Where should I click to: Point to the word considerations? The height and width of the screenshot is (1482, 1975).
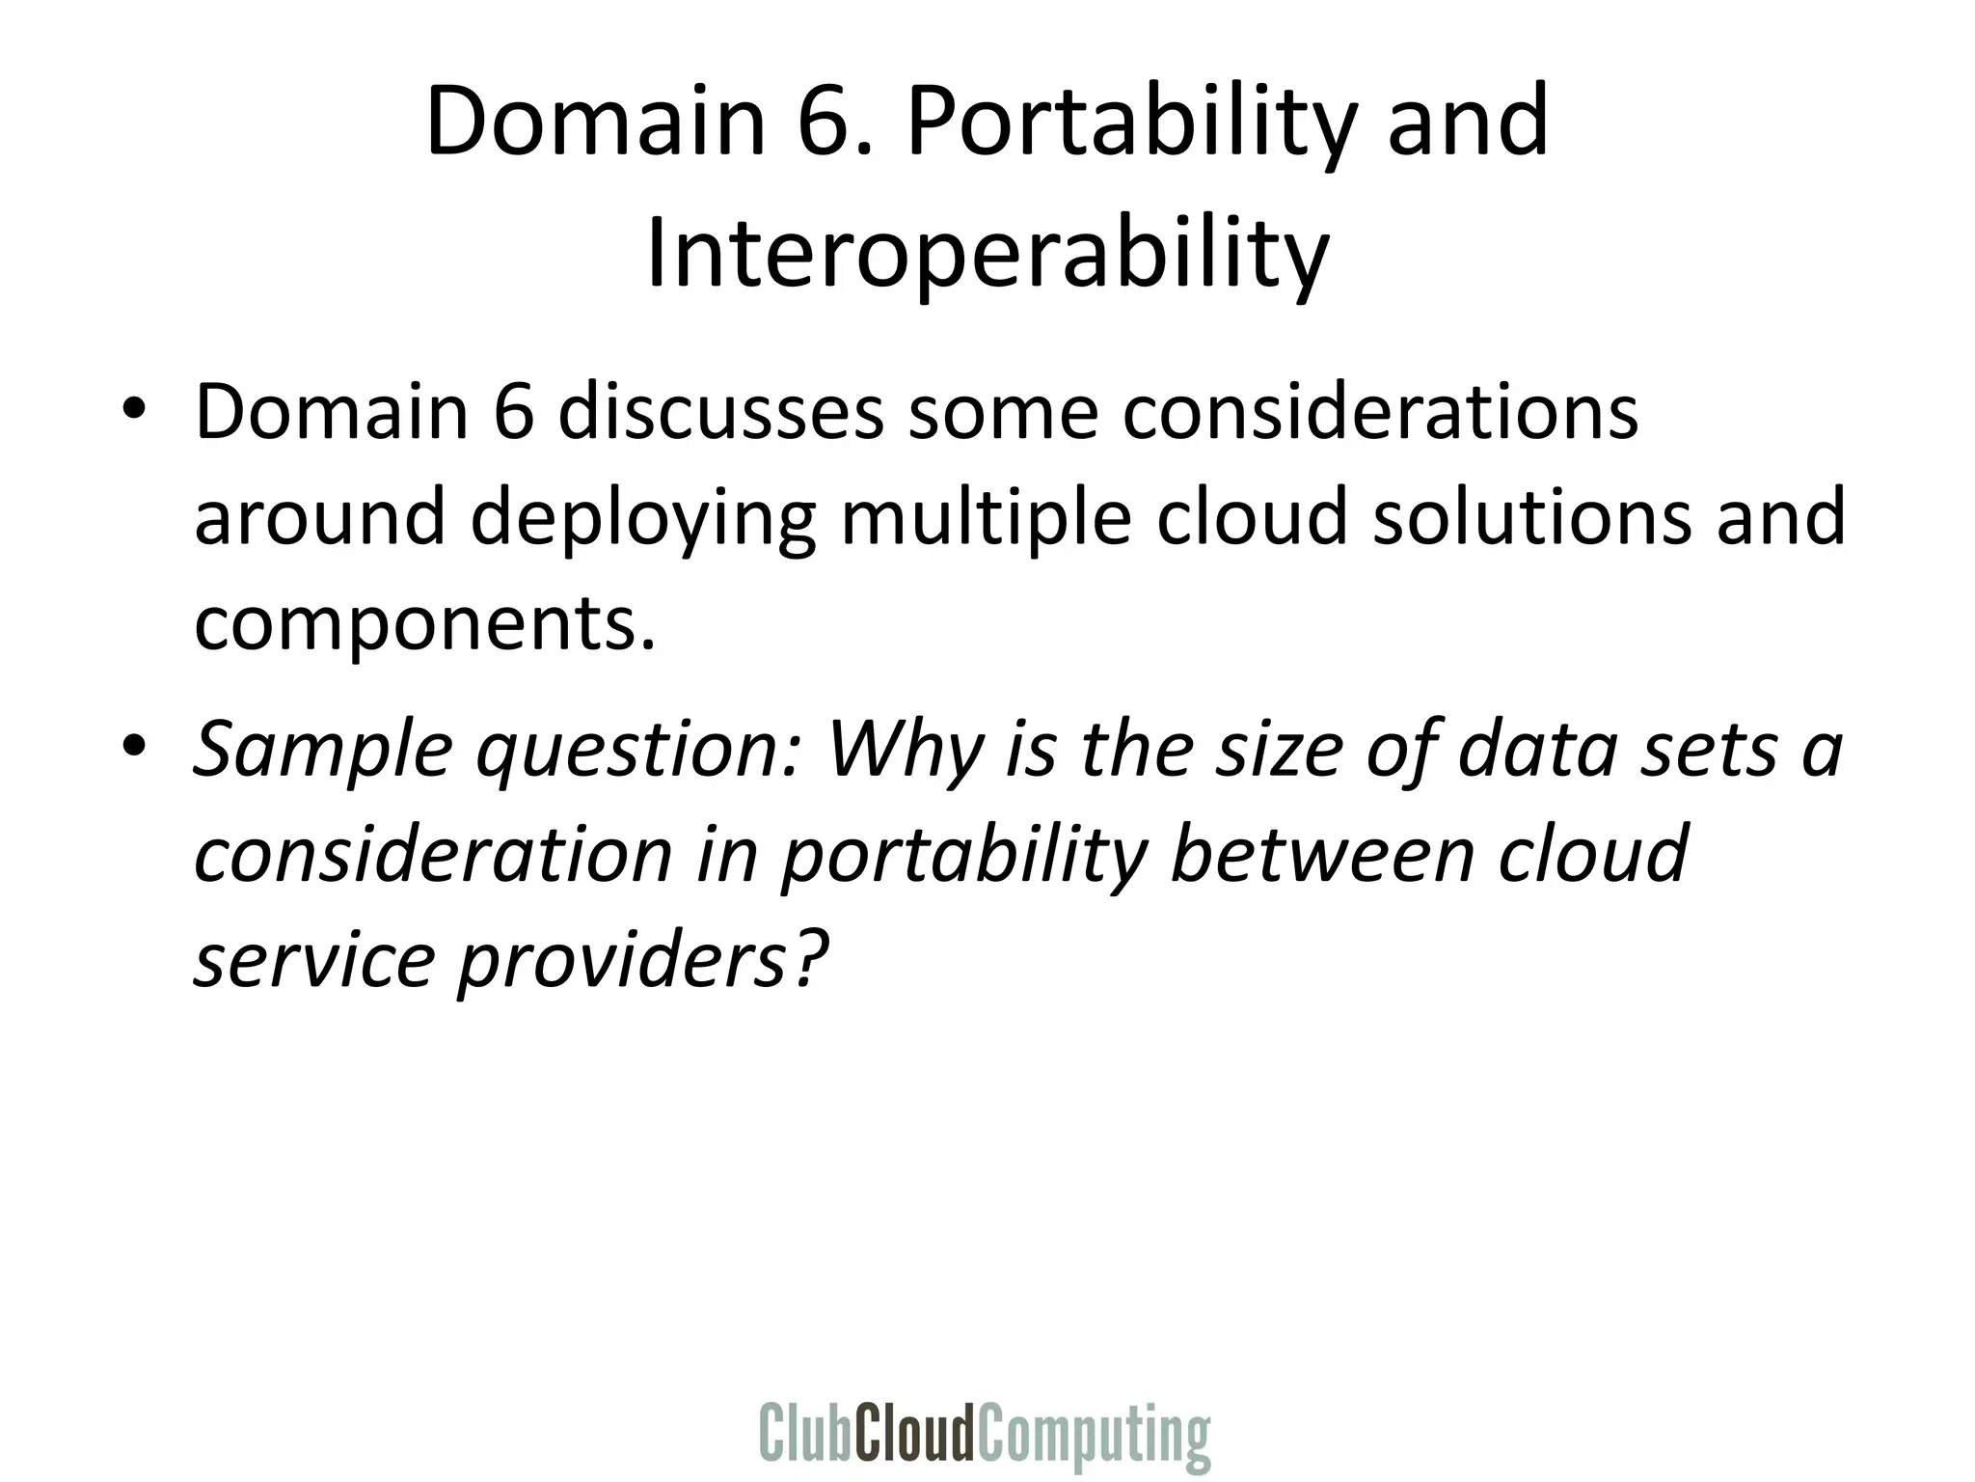click(1369, 412)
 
